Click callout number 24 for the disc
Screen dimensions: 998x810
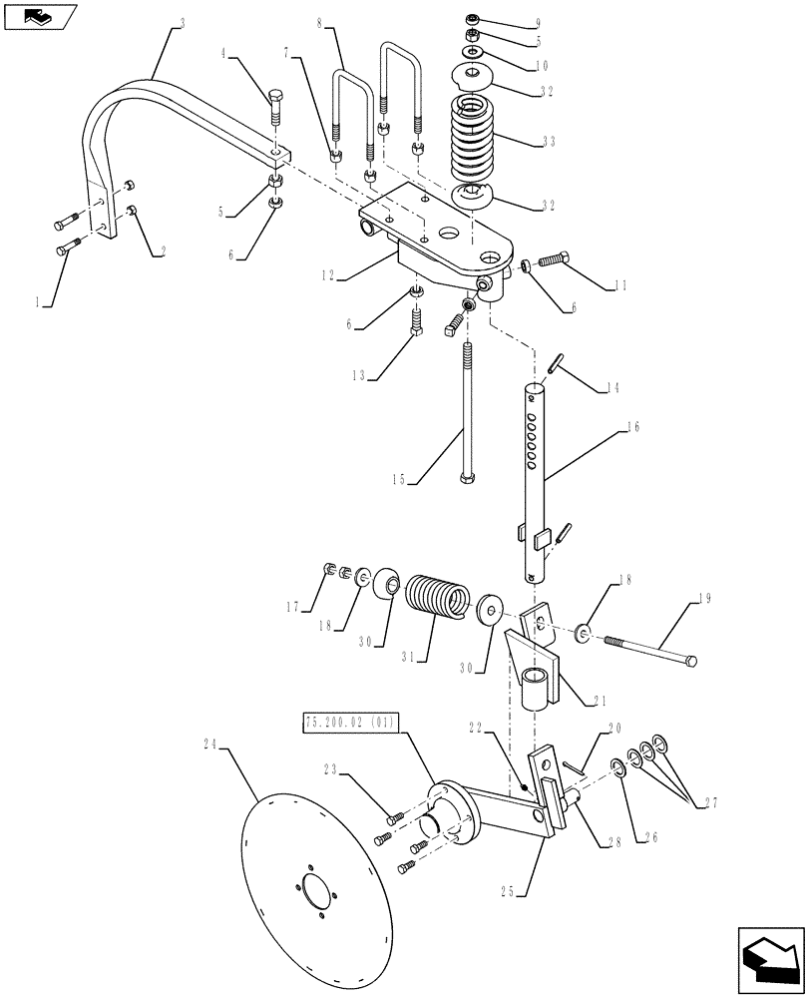pos(208,744)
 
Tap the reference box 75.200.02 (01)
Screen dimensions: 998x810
pos(348,722)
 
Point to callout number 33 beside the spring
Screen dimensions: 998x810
pos(549,143)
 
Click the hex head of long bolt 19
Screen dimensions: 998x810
pos(690,660)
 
